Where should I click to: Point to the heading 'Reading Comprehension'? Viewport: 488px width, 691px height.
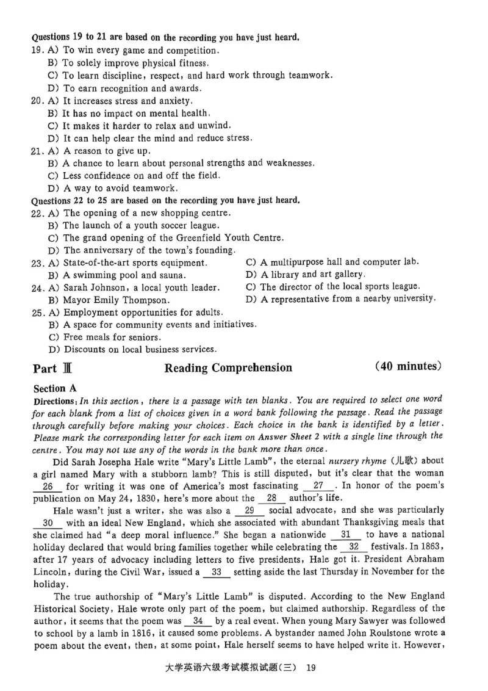[228, 368]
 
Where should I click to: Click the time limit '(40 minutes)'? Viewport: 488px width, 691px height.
[408, 367]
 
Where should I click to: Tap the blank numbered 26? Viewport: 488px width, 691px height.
[48, 487]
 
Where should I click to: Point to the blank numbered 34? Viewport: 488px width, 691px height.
[198, 621]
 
